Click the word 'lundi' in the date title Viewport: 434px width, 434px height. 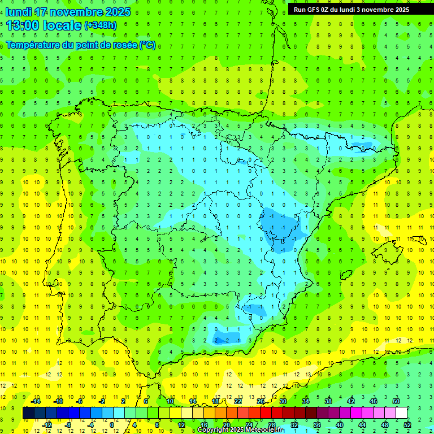pos(19,12)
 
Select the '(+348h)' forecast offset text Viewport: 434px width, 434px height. pos(100,25)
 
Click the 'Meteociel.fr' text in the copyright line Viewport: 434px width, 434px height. pos(265,430)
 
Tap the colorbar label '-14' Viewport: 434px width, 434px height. pos(36,401)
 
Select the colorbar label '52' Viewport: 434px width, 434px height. pos(407,425)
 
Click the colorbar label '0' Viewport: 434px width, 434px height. pos(112,425)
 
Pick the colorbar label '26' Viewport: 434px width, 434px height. pos(261,401)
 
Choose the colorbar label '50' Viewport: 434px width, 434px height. pos(396,401)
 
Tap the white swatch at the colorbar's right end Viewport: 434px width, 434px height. pos(401,413)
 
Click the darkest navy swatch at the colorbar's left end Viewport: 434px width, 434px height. pos(28,413)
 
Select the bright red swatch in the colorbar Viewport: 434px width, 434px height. pos(266,413)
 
